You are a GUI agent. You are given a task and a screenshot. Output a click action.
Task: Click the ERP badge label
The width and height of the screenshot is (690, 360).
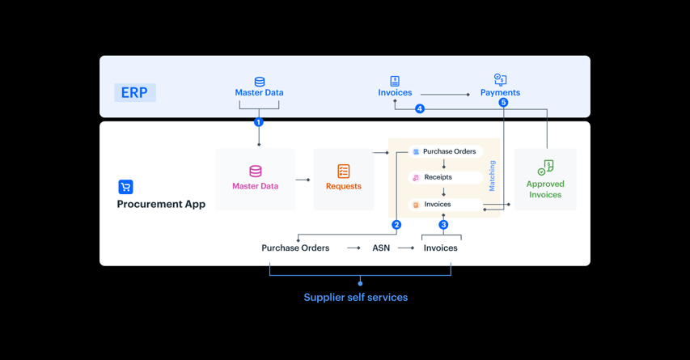pyautogui.click(x=134, y=92)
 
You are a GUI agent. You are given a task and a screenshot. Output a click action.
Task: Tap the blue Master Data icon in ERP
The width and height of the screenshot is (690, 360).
pyautogui.click(x=260, y=82)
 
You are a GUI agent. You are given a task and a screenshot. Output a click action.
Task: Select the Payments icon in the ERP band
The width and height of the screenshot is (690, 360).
pyautogui.click(x=500, y=79)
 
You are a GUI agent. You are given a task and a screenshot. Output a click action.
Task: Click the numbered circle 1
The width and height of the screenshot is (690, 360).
pyautogui.click(x=259, y=122)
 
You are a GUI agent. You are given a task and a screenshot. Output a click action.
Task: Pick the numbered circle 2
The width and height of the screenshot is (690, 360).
pyautogui.click(x=396, y=225)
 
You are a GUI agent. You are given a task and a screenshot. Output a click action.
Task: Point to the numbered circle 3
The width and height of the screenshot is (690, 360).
pyautogui.click(x=443, y=225)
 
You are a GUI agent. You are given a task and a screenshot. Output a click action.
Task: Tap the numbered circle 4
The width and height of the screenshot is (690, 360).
pyautogui.click(x=420, y=109)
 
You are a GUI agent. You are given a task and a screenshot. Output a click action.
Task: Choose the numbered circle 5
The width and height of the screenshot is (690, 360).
pyautogui.click(x=503, y=103)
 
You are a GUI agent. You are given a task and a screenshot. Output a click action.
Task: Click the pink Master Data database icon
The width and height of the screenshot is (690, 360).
pyautogui.click(x=256, y=172)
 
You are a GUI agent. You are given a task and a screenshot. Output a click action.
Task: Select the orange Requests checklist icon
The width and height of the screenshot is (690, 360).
pyautogui.click(x=344, y=172)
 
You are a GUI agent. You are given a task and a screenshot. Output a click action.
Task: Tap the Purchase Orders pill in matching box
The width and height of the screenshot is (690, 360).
pyautogui.click(x=444, y=151)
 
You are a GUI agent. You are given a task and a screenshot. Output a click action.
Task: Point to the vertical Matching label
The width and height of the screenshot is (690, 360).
pyautogui.click(x=492, y=176)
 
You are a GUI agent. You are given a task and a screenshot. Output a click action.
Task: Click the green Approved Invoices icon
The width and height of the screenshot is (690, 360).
pyautogui.click(x=546, y=167)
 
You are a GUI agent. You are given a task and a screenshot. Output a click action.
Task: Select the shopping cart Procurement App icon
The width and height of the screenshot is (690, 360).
pyautogui.click(x=125, y=187)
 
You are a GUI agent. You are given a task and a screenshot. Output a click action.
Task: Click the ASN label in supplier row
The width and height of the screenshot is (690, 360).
pyautogui.click(x=381, y=248)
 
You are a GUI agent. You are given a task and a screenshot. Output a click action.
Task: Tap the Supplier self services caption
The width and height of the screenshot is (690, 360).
pyautogui.click(x=356, y=298)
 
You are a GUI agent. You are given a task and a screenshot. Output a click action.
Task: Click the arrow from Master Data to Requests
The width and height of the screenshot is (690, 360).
pyautogui.click(x=303, y=180)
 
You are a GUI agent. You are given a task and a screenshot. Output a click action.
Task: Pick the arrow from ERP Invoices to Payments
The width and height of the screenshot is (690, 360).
pyautogui.click(x=445, y=95)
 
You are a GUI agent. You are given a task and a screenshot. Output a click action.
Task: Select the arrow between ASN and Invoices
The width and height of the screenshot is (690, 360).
pyautogui.click(x=406, y=248)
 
